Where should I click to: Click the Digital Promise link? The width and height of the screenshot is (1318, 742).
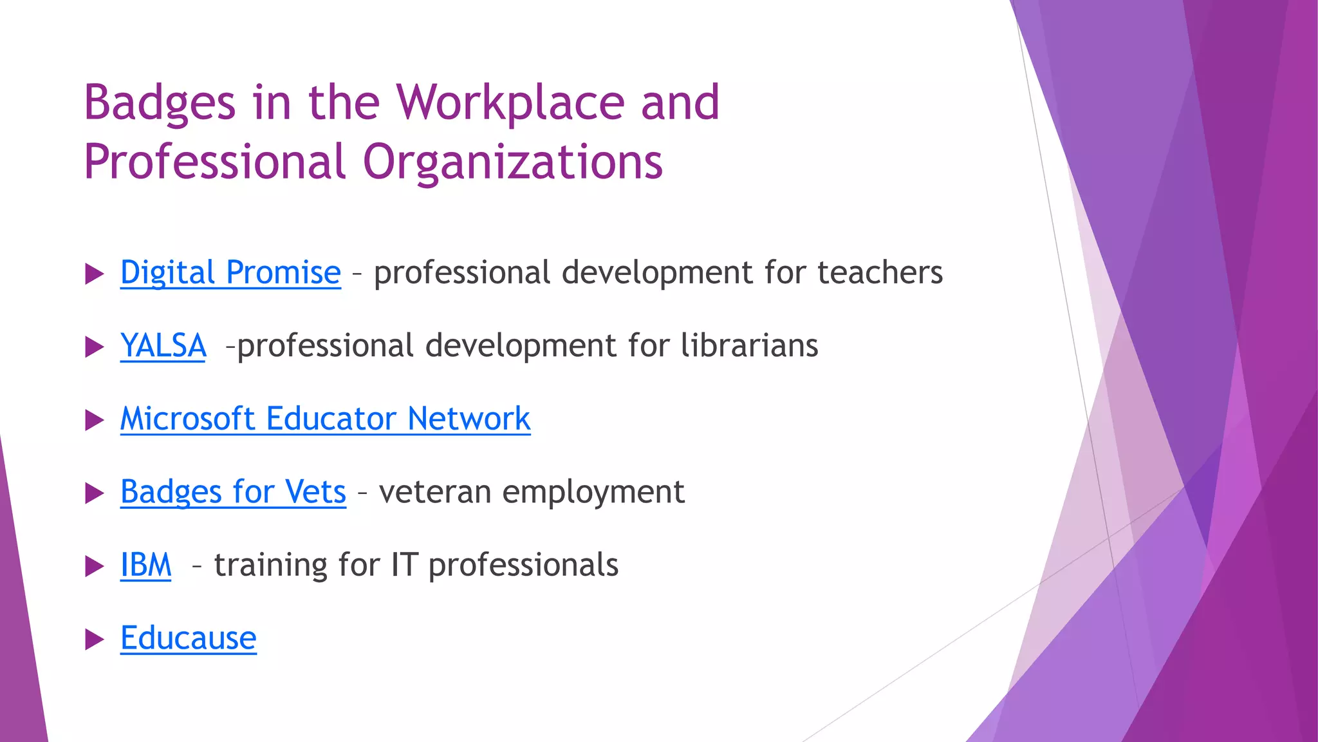point(230,272)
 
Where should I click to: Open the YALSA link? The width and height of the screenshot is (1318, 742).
point(163,346)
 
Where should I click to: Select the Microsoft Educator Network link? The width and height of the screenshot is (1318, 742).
point(325,419)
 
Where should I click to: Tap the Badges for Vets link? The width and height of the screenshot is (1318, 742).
point(233,492)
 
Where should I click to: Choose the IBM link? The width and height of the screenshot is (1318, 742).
point(146,565)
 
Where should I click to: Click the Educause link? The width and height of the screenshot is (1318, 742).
point(189,638)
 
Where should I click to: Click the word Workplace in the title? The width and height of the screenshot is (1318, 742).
point(510,103)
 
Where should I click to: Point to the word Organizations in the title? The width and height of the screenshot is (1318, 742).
point(512,162)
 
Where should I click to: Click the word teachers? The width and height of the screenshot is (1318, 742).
point(880,272)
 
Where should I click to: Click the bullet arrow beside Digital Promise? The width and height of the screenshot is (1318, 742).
point(94,274)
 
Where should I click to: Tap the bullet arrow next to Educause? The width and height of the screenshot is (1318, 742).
point(94,640)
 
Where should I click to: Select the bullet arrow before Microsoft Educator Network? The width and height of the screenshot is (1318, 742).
point(94,421)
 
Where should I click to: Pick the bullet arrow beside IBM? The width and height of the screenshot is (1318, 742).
point(94,567)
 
